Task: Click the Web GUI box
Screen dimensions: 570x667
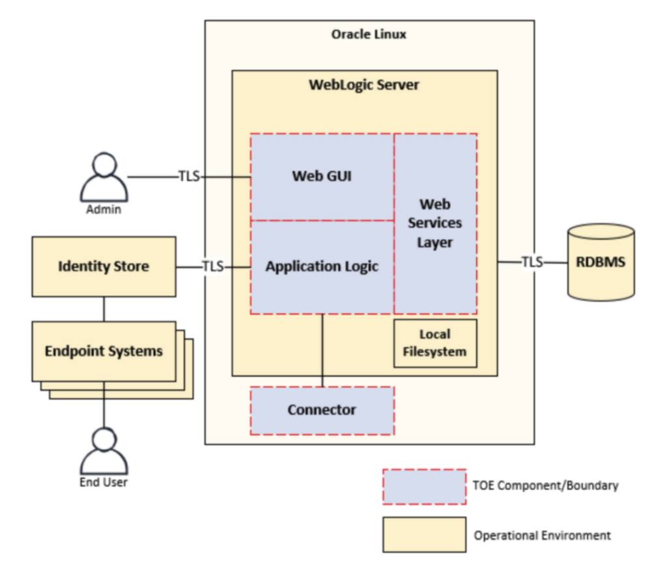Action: click(x=322, y=177)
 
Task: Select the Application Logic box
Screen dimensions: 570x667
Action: click(x=322, y=266)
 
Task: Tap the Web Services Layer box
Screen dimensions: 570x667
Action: click(x=435, y=223)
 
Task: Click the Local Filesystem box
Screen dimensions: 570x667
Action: click(x=435, y=343)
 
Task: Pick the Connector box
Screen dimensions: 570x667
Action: click(x=322, y=410)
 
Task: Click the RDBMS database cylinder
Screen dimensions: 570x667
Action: click(x=601, y=262)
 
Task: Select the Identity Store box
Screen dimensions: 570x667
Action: click(x=104, y=266)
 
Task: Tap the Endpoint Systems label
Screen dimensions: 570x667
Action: click(x=104, y=351)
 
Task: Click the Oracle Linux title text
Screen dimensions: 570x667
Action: click(x=369, y=34)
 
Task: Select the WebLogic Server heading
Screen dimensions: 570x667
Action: click(x=364, y=85)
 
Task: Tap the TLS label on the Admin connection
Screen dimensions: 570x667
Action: click(x=189, y=177)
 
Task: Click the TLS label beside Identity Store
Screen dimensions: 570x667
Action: click(x=212, y=266)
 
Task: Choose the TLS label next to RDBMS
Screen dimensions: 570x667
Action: click(x=532, y=262)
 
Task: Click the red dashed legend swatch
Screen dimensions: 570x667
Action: click(x=424, y=486)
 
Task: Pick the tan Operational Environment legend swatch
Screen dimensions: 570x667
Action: click(x=424, y=535)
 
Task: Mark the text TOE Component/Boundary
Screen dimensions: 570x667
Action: click(x=546, y=485)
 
